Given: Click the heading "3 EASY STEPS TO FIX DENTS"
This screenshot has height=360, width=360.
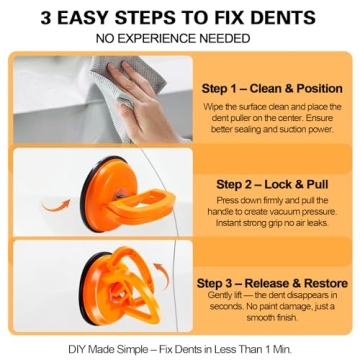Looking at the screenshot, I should (x=179, y=17).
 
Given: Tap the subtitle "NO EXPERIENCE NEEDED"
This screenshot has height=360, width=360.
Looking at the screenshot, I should (x=179, y=38).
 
